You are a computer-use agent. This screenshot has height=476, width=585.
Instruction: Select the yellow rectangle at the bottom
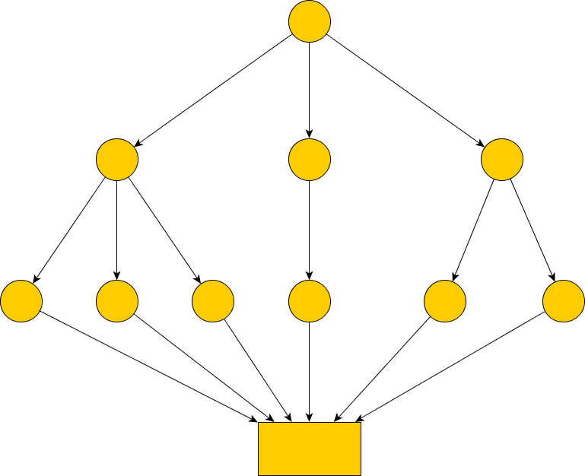click(310, 449)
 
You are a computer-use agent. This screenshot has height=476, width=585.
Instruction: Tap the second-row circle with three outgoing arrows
click(117, 160)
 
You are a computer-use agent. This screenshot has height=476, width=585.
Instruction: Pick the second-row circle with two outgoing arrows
click(502, 160)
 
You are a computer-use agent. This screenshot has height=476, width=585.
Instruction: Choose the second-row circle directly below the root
click(310, 160)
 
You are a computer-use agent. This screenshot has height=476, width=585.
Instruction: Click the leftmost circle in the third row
click(21, 301)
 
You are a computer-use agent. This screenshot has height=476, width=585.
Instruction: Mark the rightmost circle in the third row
click(564, 301)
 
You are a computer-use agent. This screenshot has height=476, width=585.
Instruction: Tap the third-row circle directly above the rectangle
click(310, 301)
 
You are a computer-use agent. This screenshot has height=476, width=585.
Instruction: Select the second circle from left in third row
click(117, 301)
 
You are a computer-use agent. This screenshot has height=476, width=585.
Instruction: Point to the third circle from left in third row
click(213, 301)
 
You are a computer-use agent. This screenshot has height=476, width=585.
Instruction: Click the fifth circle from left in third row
click(444, 301)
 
